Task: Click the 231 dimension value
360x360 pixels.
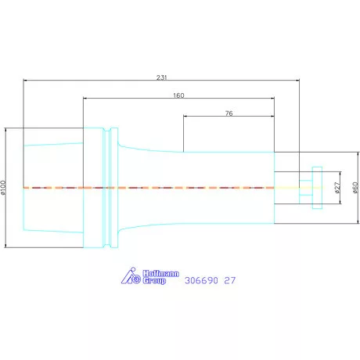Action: (x=161, y=77)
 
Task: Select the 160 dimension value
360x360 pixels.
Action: (x=178, y=95)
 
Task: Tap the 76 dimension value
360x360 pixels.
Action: (x=229, y=113)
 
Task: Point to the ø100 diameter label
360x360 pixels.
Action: (x=3, y=188)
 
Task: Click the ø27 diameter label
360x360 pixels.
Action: (x=337, y=188)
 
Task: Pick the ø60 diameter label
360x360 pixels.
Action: (x=355, y=188)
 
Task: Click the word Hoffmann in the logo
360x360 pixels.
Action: (x=161, y=274)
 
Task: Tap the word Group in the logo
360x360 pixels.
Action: (x=154, y=281)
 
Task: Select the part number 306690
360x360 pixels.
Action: (x=201, y=280)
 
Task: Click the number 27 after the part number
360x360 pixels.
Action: (x=230, y=280)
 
